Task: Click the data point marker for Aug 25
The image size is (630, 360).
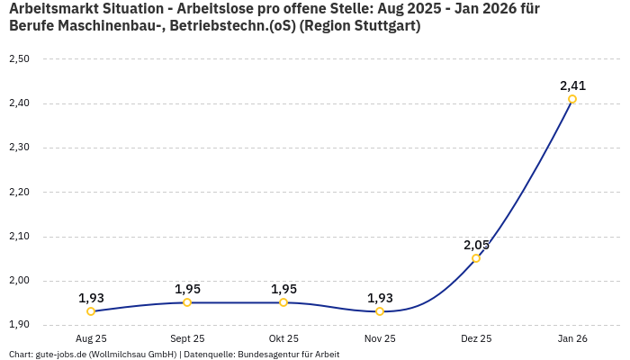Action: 91,311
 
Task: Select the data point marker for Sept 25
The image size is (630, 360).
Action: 187,302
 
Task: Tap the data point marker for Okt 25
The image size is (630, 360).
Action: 283,302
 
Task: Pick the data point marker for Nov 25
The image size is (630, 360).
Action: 380,311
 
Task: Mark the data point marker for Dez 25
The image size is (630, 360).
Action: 476,258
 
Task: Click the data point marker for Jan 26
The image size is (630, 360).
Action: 572,99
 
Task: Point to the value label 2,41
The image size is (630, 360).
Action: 572,85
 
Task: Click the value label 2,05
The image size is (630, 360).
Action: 476,245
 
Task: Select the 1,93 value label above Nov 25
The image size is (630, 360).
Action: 380,298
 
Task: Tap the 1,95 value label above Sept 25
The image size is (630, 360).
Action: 187,289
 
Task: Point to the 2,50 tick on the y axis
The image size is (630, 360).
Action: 19,59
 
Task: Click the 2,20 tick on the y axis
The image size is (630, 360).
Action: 19,193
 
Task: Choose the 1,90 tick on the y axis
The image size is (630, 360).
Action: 19,325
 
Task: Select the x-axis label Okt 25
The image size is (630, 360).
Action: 283,338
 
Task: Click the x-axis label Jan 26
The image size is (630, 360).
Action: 572,338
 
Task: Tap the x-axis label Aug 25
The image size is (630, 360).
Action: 91,338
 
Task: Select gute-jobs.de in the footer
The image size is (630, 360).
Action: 60,355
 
